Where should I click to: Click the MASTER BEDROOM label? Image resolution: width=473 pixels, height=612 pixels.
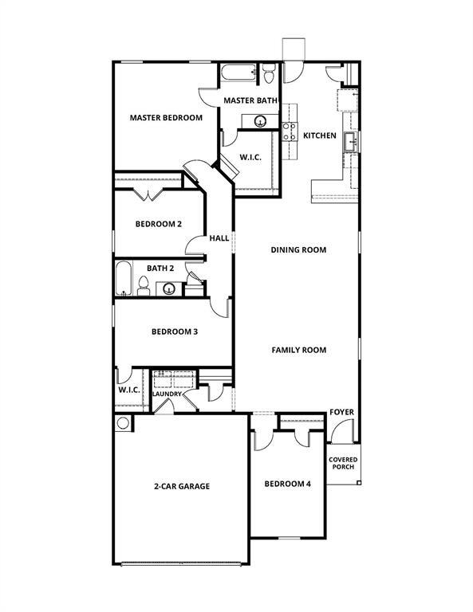point(166,118)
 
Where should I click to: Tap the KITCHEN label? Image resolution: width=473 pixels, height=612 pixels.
point(320,135)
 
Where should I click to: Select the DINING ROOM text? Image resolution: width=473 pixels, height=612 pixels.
point(299,250)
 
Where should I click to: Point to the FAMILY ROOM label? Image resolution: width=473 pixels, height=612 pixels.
point(299,350)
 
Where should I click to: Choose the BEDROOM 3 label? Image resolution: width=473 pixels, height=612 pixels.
point(175,331)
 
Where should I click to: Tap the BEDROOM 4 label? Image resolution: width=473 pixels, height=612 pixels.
point(288,484)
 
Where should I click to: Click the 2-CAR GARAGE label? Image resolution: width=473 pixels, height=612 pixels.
point(182,486)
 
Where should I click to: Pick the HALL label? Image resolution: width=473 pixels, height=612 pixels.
point(219,238)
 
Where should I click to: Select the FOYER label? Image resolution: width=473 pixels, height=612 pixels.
point(341,412)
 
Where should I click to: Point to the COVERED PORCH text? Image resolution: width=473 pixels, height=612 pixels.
point(344,463)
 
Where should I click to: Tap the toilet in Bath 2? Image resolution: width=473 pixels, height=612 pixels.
point(144,285)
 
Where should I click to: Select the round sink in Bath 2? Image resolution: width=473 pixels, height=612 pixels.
point(170,288)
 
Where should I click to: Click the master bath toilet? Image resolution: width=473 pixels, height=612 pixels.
point(269,75)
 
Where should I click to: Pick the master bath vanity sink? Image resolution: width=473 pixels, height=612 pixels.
point(260,121)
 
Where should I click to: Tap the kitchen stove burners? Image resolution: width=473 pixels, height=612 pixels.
point(290,131)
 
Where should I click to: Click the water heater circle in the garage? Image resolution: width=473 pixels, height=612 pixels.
point(122,423)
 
